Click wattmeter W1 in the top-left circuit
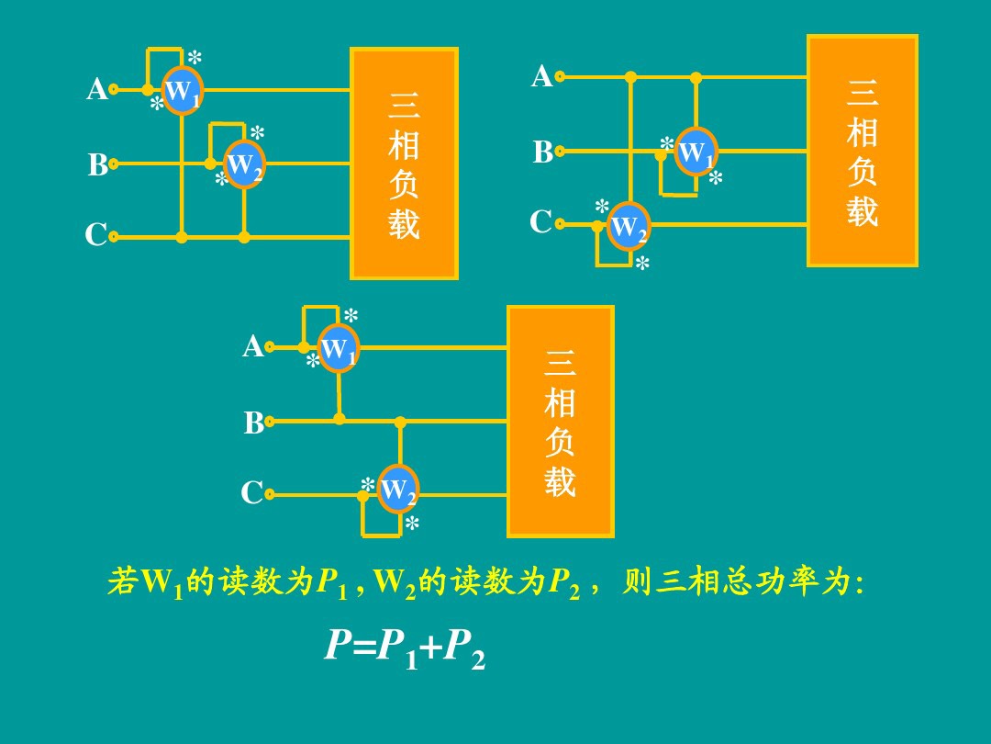(182, 90)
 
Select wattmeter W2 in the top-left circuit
(244, 165)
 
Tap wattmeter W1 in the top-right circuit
(696, 152)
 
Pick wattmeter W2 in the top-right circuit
(629, 226)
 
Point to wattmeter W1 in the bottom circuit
(338, 348)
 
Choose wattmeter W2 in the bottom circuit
(398, 490)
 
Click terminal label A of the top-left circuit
(96, 89)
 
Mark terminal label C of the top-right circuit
(541, 223)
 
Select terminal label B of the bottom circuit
(253, 423)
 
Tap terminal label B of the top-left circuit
(97, 165)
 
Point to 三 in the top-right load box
(863, 93)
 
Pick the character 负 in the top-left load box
(404, 184)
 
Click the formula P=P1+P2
(405, 648)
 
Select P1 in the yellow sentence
(331, 583)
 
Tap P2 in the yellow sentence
(562, 583)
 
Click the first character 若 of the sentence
(122, 582)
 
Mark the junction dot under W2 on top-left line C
(244, 237)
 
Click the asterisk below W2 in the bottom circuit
(412, 524)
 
